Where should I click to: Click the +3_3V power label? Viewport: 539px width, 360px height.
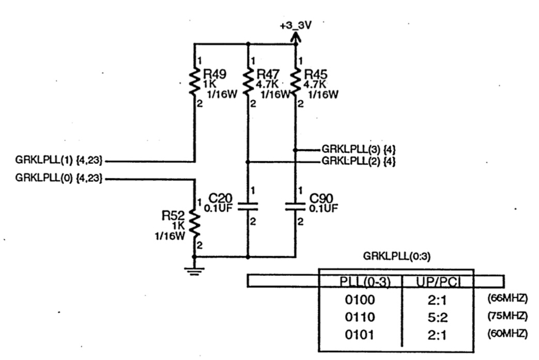tap(295, 25)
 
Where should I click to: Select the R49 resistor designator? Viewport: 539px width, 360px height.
tap(213, 74)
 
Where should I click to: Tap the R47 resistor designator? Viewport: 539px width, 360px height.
tap(267, 74)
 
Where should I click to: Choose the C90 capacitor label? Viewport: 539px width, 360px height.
tap(320, 198)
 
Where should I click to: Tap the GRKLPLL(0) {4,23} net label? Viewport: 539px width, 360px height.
tap(59, 178)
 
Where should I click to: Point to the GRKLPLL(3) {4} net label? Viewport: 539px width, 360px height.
tap(359, 149)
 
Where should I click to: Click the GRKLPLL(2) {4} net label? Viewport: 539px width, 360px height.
tap(359, 161)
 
